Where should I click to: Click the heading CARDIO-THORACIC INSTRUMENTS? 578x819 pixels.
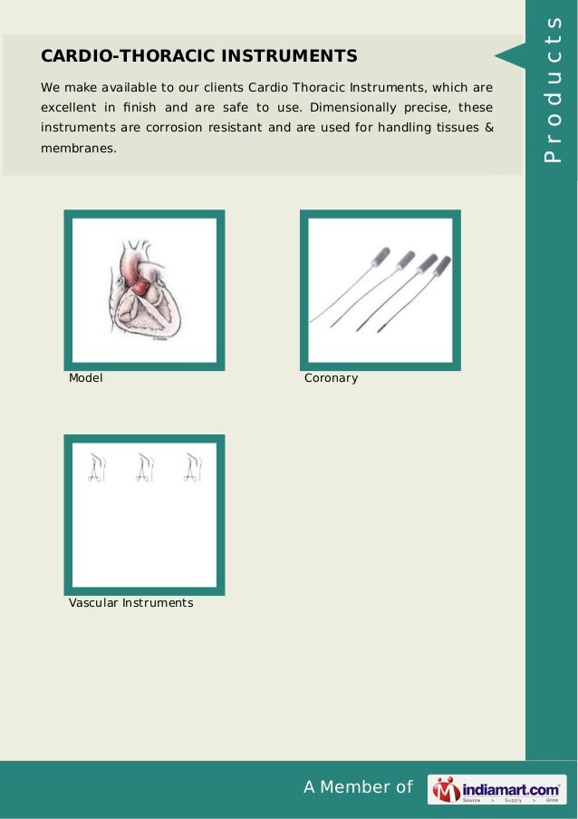(198, 57)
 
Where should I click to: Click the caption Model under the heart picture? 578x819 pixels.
(86, 377)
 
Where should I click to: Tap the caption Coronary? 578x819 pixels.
(332, 377)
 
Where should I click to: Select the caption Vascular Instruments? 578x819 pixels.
(130, 602)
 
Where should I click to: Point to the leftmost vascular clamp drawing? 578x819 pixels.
(96, 467)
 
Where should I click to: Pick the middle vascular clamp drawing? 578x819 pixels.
(144, 467)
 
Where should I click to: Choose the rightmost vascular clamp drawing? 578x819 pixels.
(192, 467)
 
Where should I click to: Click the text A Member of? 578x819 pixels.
(358, 787)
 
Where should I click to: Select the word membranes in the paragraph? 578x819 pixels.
(78, 147)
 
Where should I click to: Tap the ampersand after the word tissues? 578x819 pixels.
(489, 127)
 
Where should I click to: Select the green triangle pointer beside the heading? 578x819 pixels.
(506, 57)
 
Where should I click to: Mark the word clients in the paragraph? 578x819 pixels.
(192, 87)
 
